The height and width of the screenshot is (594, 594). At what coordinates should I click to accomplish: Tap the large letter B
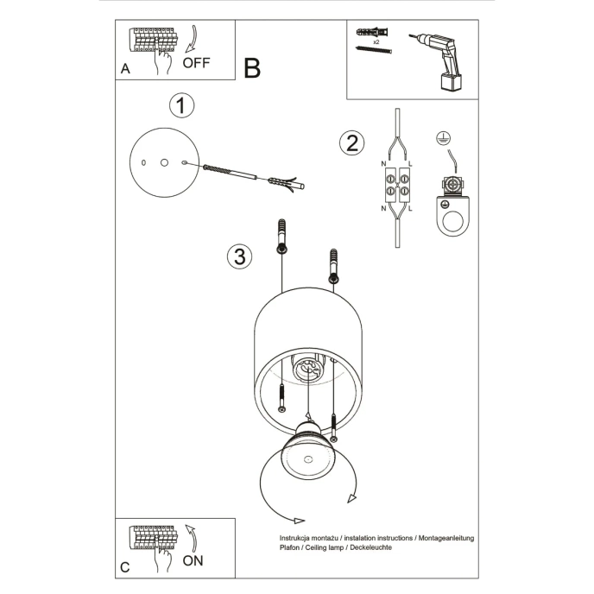pos(252,68)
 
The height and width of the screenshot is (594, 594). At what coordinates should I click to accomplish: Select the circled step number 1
pos(180,106)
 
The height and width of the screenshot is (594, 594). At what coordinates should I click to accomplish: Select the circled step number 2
pos(350,142)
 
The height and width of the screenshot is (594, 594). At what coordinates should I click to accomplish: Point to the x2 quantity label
pos(376,41)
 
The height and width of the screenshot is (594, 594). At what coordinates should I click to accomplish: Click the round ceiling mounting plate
pos(163,162)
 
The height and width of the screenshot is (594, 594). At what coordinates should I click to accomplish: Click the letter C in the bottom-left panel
pos(125,567)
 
